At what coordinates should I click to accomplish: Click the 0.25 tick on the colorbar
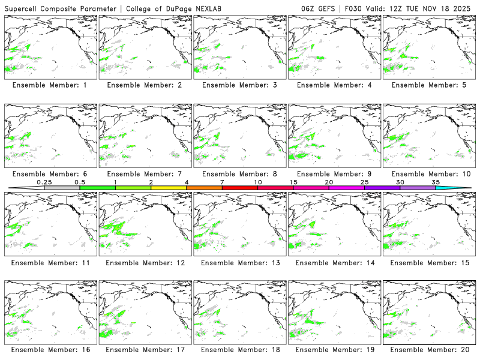44,182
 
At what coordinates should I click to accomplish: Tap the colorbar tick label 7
222,182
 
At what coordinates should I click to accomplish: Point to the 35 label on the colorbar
436,182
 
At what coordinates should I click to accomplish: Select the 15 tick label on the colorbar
293,182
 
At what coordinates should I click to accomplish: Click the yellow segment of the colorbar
169,188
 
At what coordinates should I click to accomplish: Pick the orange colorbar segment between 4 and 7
204,188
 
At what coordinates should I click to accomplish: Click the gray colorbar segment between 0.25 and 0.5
62,188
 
